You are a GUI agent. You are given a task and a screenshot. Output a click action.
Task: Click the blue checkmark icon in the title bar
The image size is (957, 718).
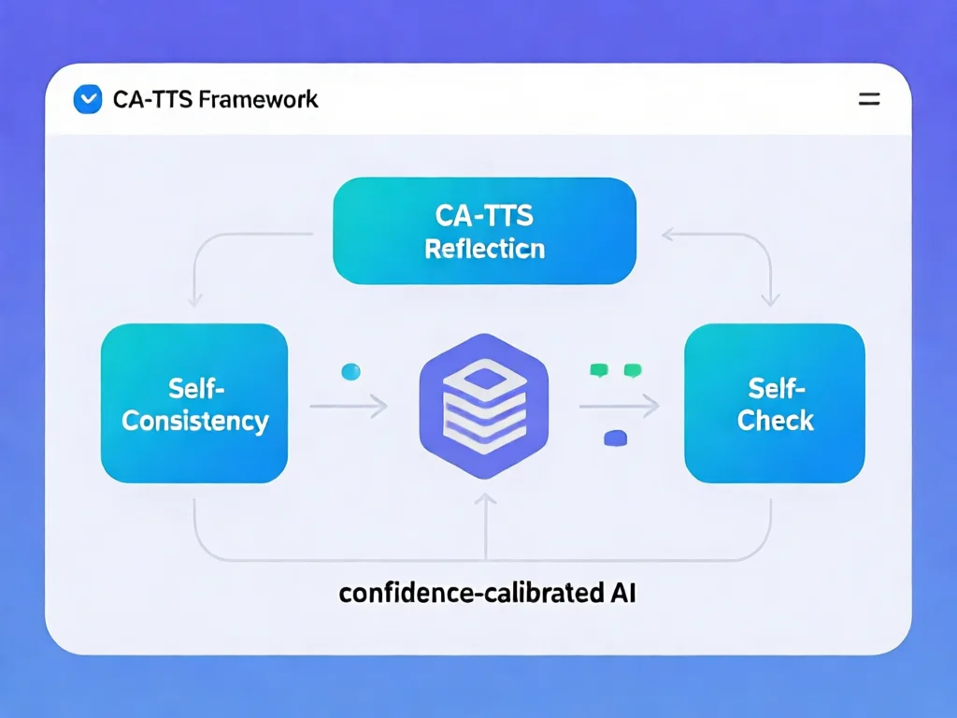87,99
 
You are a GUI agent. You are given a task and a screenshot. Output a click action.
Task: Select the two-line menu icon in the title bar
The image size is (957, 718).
868,99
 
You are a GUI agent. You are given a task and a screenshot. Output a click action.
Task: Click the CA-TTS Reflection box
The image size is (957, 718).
484,231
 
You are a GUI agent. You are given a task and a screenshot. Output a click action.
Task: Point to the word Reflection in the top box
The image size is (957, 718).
484,250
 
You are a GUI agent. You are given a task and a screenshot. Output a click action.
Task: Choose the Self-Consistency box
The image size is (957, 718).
194,403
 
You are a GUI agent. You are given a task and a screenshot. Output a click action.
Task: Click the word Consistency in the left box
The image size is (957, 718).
194,421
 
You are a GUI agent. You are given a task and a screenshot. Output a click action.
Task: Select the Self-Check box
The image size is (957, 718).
775,403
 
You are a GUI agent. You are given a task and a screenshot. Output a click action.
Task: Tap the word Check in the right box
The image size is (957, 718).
775,421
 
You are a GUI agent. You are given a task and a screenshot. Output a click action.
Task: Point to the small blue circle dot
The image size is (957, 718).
350,371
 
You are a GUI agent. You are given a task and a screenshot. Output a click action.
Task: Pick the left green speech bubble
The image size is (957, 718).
598,370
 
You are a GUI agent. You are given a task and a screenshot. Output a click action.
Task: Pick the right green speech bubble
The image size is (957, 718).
632,370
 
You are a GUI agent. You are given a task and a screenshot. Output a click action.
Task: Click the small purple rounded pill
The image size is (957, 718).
615,437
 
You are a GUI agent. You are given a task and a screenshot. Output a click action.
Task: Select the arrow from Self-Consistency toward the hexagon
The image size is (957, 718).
348,406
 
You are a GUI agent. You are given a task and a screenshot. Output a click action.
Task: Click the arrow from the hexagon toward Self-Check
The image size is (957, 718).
619,406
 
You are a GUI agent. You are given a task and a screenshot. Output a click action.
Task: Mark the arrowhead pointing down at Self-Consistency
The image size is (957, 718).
195,300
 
